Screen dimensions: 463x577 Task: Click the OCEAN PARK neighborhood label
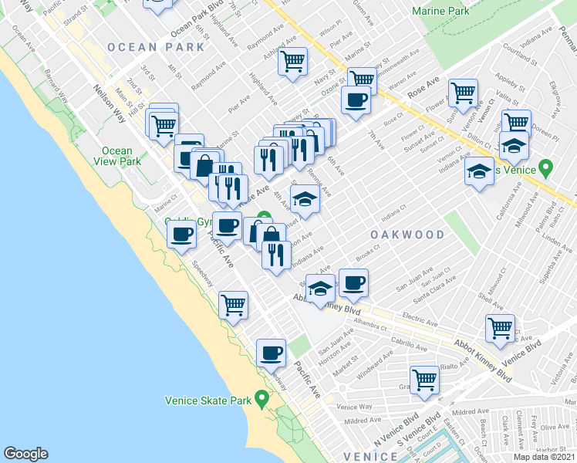click(x=157, y=47)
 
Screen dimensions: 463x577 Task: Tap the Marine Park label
click(x=440, y=12)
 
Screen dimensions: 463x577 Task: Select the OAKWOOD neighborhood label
click(x=408, y=235)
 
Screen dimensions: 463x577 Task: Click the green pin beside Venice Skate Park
click(x=262, y=399)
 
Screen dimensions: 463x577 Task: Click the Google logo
click(x=25, y=454)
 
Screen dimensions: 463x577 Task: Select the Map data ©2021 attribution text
click(x=545, y=457)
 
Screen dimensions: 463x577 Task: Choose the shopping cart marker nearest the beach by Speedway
click(x=232, y=304)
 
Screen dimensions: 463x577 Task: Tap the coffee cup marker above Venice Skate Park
click(x=270, y=352)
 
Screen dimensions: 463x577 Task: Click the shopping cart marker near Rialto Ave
click(x=424, y=379)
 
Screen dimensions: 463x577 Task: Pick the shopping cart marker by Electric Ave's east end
click(x=500, y=327)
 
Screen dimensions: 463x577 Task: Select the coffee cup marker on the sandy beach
click(x=181, y=234)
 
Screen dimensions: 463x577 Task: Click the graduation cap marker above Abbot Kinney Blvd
click(x=319, y=289)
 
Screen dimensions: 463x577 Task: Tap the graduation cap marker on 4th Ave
click(x=305, y=198)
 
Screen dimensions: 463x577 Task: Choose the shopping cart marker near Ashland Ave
click(x=292, y=59)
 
